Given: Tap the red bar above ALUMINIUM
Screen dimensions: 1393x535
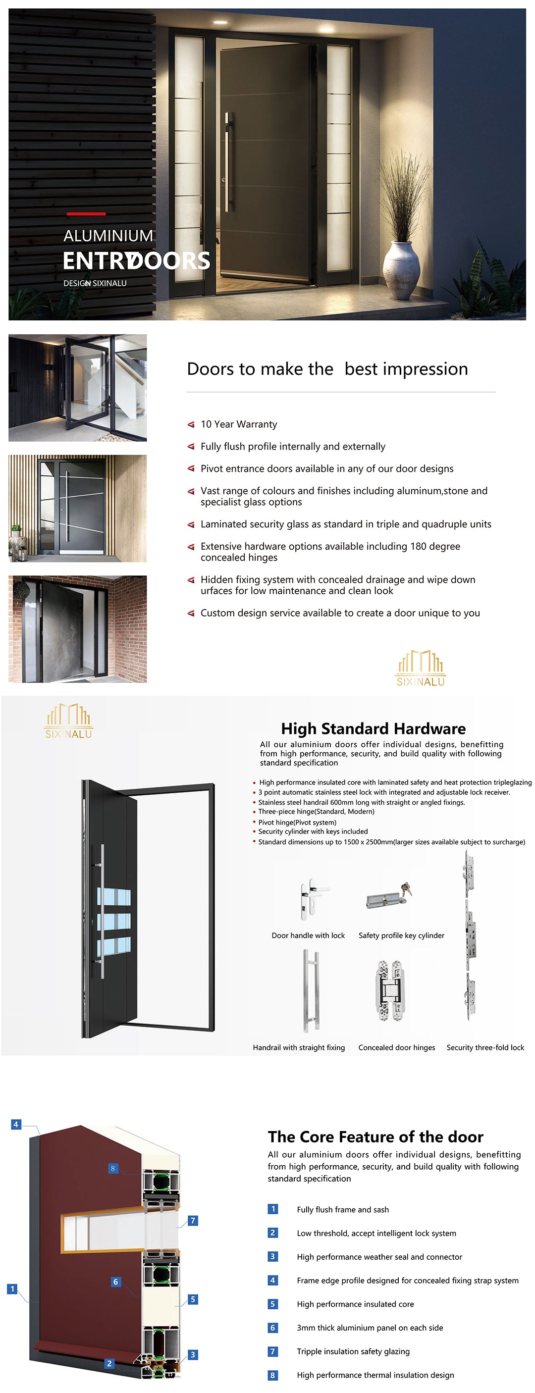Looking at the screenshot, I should (x=86, y=214).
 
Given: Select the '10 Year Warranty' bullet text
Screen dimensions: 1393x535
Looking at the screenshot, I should (x=239, y=424).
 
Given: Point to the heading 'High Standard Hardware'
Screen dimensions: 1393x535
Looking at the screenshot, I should (x=373, y=728).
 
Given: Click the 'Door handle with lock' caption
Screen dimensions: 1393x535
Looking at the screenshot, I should (x=308, y=935).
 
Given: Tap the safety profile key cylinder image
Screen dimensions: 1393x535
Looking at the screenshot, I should (x=388, y=898).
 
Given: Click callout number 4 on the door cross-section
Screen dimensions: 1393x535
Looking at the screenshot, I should (x=16, y=1124).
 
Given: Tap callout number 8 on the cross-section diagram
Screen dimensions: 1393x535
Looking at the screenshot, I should (x=112, y=1168).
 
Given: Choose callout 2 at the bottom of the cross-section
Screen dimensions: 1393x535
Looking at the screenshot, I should (x=109, y=1363).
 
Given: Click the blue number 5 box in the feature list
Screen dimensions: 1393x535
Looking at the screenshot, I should (x=272, y=1304).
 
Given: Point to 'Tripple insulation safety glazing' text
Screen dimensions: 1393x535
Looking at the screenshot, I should (x=353, y=1351).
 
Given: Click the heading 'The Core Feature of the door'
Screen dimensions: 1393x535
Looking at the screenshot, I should (x=375, y=1136).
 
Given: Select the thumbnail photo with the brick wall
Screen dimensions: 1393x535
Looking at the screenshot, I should (x=77, y=628).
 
